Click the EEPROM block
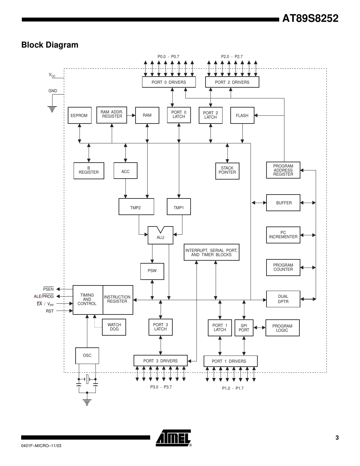click(79, 115)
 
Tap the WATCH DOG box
click(114, 327)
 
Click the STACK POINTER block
click(227, 170)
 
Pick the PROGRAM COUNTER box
click(283, 267)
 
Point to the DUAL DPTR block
click(283, 299)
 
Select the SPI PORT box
click(244, 328)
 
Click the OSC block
click(87, 355)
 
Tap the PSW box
click(152, 271)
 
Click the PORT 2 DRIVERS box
click(232, 82)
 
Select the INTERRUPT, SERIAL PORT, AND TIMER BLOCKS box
click(211, 252)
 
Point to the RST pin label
click(50, 311)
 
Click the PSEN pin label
click(48, 289)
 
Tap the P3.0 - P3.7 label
click(161, 387)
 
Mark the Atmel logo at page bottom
click(173, 438)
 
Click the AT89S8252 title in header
click(310, 18)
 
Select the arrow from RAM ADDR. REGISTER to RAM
click(131, 115)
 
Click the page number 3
click(337, 438)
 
